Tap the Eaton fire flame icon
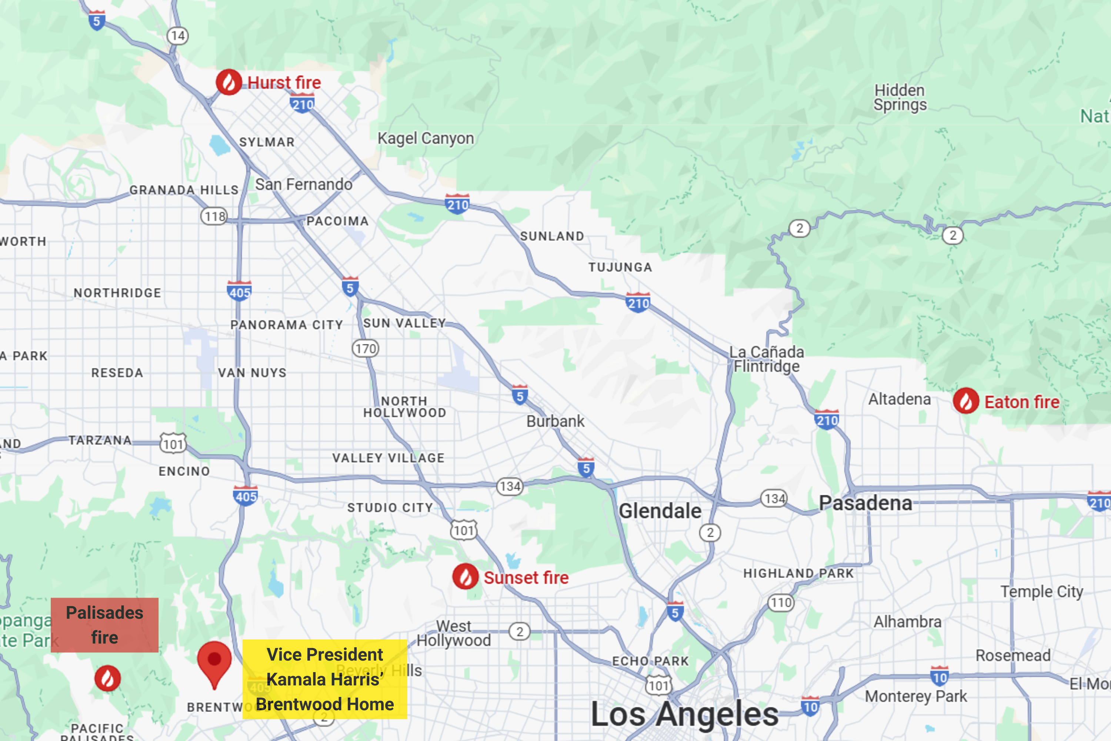pyautogui.click(x=966, y=401)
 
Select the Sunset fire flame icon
pyautogui.click(x=465, y=576)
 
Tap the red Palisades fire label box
pyautogui.click(x=104, y=625)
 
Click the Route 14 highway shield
pyautogui.click(x=178, y=36)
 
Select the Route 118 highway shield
pyautogui.click(x=214, y=216)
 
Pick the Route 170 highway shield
pyautogui.click(x=366, y=349)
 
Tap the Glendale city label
pyautogui.click(x=660, y=511)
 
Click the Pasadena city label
pyautogui.click(x=865, y=503)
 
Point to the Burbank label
pyautogui.click(x=555, y=421)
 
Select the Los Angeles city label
pyautogui.click(x=684, y=714)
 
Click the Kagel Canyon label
pyautogui.click(x=426, y=139)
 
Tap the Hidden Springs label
pyautogui.click(x=900, y=97)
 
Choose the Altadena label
pyautogui.click(x=900, y=399)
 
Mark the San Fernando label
pyautogui.click(x=304, y=184)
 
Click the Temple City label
pyautogui.click(x=1041, y=591)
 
